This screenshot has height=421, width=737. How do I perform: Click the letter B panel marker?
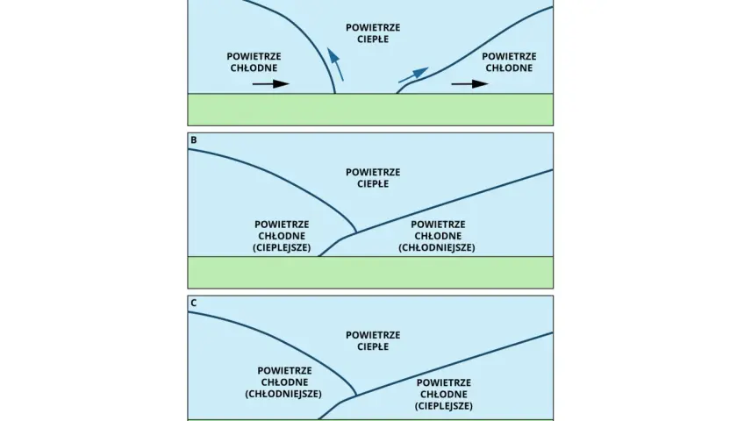pos(193,140)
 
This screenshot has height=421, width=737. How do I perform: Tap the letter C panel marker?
pos(193,303)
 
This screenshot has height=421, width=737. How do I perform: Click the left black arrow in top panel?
pos(271,84)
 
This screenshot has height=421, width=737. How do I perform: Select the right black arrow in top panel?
pos(469,84)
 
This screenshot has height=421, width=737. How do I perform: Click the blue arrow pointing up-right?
pos(413,75)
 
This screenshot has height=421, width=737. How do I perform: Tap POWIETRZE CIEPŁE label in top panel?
pos(373,33)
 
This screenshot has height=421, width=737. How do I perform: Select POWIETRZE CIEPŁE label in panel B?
pos(373,178)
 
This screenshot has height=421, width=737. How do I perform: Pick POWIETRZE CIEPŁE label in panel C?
pos(373,341)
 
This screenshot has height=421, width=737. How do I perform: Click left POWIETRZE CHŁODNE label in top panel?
pos(254,62)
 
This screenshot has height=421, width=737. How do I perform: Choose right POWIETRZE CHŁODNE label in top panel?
pos(509,62)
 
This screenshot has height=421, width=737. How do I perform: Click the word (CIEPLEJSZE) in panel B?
pos(282,247)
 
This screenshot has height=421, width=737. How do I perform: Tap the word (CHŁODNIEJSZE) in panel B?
pos(437,247)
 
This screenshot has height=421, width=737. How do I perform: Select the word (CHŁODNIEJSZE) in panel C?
pos(283,394)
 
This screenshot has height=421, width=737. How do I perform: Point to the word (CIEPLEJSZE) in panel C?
pos(444,405)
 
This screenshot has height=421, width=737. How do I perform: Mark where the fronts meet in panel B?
pos(356,232)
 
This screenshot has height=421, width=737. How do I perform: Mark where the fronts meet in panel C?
pos(356,396)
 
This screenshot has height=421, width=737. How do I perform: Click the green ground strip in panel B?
pos(370,273)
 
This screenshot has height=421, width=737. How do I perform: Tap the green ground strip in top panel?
pos(370,110)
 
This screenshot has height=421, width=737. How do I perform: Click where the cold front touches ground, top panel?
pos(334,93)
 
